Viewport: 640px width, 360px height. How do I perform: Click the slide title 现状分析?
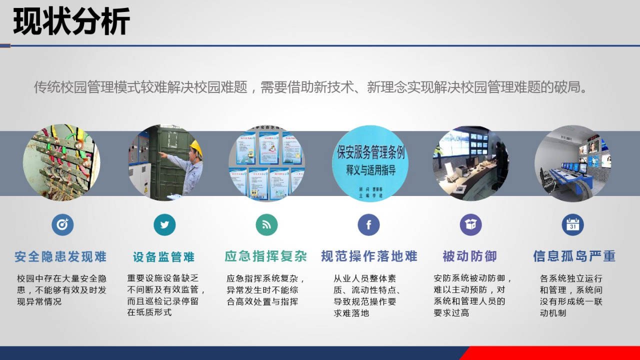(71, 21)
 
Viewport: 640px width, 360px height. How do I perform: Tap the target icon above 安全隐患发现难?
(62, 225)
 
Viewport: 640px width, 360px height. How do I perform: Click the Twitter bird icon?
(164, 225)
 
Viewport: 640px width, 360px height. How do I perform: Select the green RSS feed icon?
(266, 225)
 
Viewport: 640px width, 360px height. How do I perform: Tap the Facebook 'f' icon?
(368, 225)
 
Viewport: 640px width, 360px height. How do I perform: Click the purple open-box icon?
(470, 225)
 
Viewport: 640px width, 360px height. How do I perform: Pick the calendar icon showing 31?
(572, 225)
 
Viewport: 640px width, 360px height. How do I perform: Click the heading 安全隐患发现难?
(60, 257)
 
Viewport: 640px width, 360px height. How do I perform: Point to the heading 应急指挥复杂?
(265, 256)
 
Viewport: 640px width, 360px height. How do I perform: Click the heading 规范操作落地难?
(369, 256)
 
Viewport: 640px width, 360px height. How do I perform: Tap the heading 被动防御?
(470, 256)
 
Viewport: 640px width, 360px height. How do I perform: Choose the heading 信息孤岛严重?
(574, 256)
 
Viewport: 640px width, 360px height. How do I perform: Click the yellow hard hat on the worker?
(196, 147)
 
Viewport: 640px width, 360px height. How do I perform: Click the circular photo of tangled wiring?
(61, 162)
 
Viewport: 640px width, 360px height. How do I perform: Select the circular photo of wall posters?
(266, 163)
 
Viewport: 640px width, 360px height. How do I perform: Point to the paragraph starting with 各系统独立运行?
(571, 295)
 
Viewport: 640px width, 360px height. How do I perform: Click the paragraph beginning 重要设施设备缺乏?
(166, 295)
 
